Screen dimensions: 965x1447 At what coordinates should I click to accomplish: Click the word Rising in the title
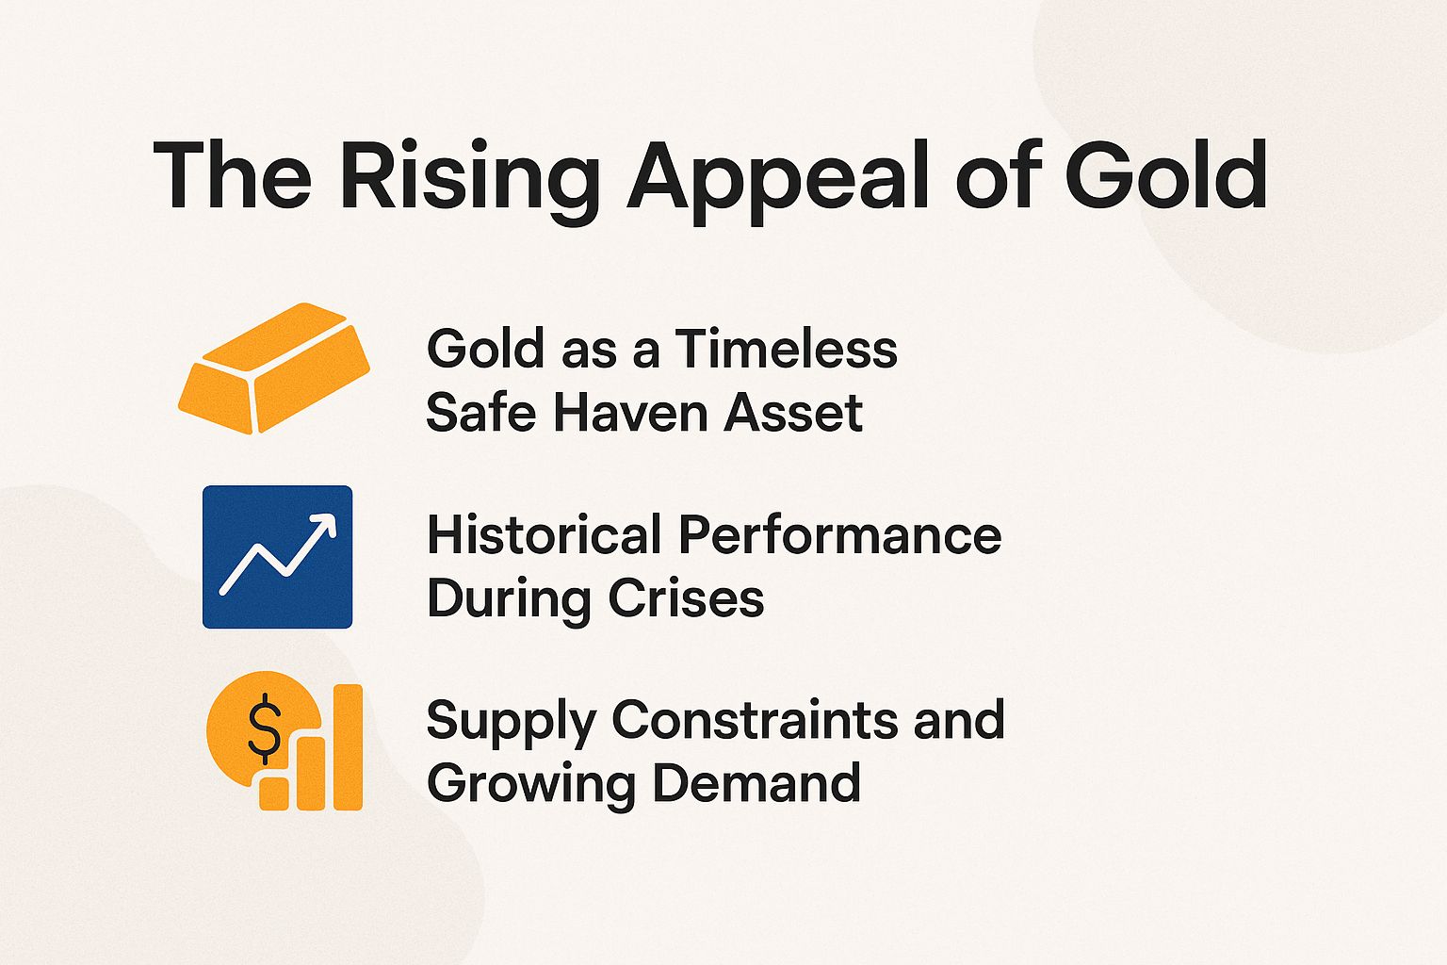pos(469,176)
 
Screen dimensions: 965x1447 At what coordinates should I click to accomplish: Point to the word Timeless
pos(786,349)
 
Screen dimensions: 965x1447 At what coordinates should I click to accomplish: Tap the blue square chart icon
pos(278,556)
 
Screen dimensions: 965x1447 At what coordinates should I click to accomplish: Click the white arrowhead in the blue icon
pos(325,525)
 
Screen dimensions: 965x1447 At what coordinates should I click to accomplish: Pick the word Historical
pos(544,534)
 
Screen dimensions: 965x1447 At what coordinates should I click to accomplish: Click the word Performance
pos(839,534)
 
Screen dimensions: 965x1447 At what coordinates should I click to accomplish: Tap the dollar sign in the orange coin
pos(265,727)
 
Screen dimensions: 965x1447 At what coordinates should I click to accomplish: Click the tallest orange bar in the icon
pos(349,746)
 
